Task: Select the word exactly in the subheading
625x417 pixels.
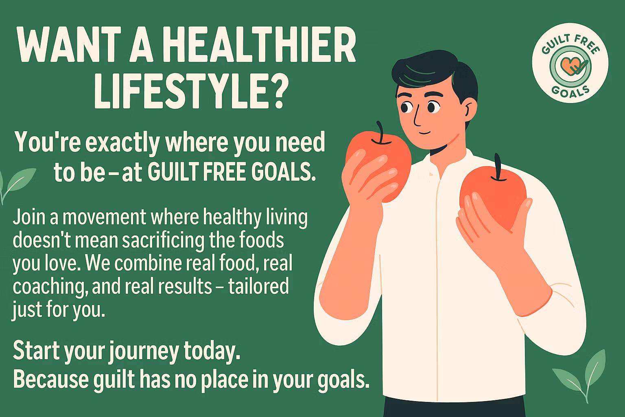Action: [114, 143]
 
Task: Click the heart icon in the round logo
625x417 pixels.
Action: [569, 65]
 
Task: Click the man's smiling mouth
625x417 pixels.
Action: [423, 133]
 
